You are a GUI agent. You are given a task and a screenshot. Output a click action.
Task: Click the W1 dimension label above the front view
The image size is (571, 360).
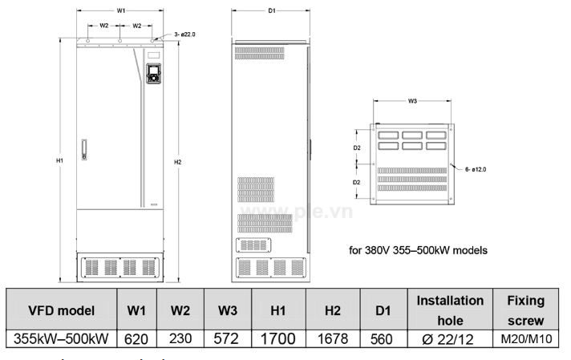pos(119,10)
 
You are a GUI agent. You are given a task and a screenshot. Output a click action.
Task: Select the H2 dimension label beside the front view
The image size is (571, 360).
pos(177,162)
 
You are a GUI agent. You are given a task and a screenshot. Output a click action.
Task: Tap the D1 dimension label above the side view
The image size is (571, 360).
pos(271,10)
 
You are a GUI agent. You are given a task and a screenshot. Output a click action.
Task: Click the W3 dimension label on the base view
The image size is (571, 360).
pos(412,101)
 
